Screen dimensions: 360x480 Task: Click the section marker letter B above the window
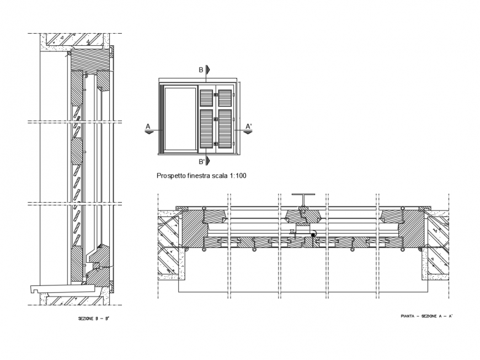tap(201, 70)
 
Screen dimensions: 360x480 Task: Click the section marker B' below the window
tap(202, 162)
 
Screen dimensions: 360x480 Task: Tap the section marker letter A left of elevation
tap(148, 126)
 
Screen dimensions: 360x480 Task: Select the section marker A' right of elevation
tap(249, 126)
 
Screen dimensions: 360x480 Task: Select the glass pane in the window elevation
tap(181, 119)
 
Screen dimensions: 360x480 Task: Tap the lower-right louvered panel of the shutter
tap(225, 129)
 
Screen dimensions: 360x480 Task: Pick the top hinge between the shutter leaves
tap(216, 96)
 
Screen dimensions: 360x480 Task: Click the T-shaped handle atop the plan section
tap(303, 198)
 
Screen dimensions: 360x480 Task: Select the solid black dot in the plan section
tap(313, 236)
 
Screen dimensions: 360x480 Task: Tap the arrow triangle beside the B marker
tap(208, 70)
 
